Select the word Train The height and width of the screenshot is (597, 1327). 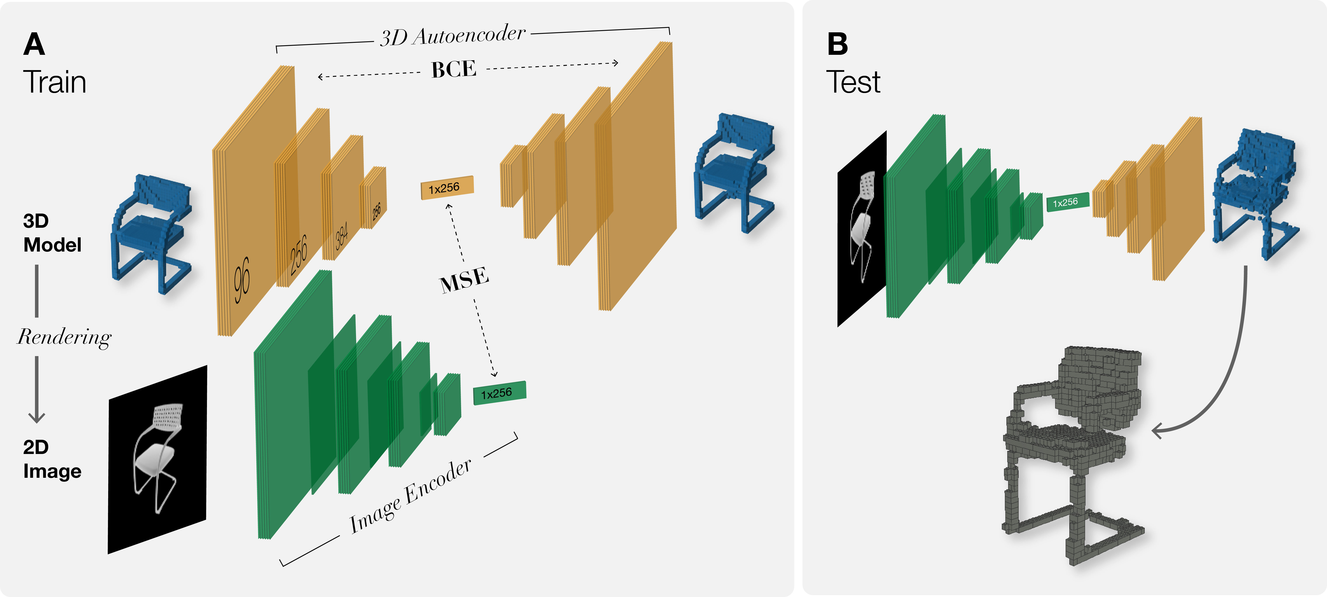click(55, 82)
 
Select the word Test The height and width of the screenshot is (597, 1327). click(853, 82)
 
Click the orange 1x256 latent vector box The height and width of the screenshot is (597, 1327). click(447, 188)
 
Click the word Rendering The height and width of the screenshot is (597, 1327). click(64, 337)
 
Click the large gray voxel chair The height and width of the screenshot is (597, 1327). click(1072, 453)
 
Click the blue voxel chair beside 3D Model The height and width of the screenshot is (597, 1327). click(151, 234)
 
